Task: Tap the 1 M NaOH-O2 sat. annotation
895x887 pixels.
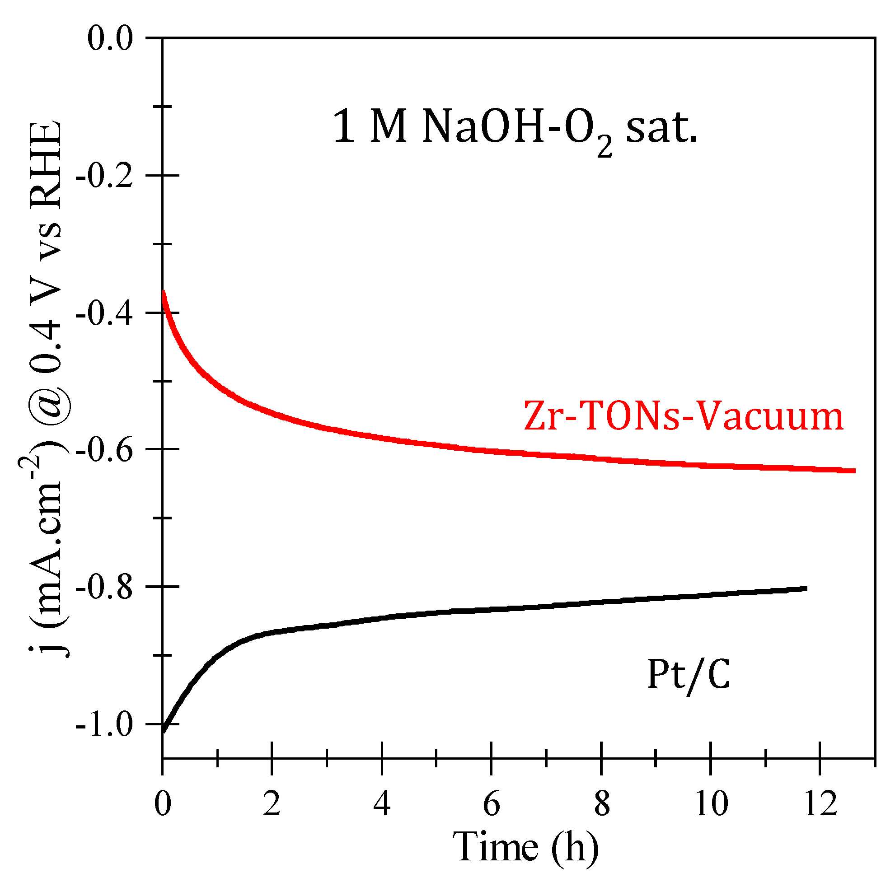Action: coord(514,128)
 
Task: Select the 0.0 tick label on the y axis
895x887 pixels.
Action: coord(110,38)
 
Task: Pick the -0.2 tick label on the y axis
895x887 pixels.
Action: coord(105,176)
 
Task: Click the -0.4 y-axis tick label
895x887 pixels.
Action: coord(105,313)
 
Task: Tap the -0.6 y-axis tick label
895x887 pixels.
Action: coord(105,450)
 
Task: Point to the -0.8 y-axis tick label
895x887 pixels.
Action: coord(105,587)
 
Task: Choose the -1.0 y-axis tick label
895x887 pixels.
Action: coord(105,724)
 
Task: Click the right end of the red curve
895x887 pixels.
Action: coord(854,471)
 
